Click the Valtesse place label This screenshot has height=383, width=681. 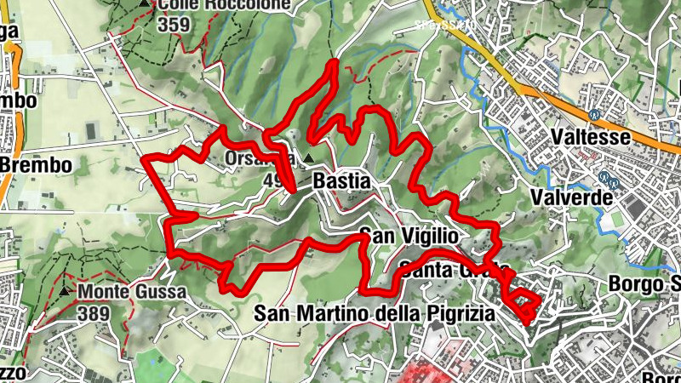pyautogui.click(x=589, y=137)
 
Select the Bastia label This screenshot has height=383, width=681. pyautogui.click(x=341, y=181)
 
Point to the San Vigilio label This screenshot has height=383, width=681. pyautogui.click(x=409, y=235)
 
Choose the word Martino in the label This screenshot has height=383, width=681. pyautogui.click(x=333, y=314)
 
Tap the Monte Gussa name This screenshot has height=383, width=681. pyautogui.click(x=132, y=292)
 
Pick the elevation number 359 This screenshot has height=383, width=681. pyautogui.click(x=173, y=25)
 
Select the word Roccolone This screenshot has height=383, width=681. pyautogui.click(x=243, y=4)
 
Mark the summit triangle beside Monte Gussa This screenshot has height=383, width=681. pyautogui.click(x=66, y=292)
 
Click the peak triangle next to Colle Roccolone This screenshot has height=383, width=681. pyautogui.click(x=143, y=4)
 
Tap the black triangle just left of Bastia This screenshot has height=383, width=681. pyautogui.click(x=308, y=158)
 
